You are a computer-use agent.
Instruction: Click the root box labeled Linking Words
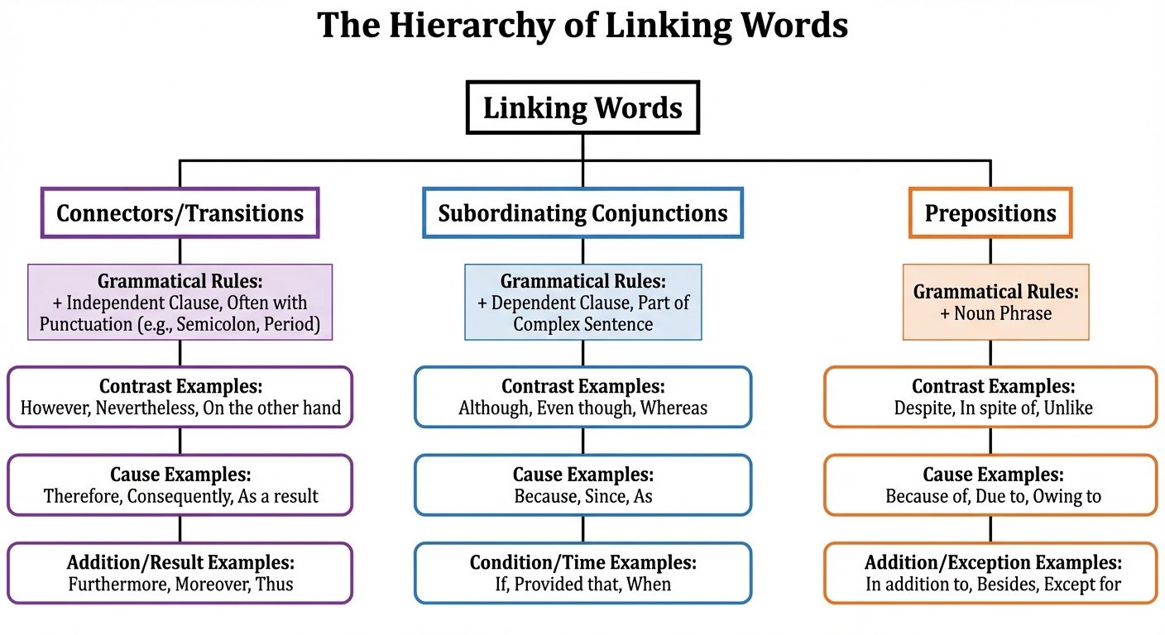(582, 108)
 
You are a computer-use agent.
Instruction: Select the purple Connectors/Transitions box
(180, 213)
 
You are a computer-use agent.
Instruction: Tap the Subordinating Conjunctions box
(582, 213)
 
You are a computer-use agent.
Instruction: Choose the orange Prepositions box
(990, 213)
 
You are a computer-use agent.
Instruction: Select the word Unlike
(1067, 408)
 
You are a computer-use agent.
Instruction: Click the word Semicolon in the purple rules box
(220, 324)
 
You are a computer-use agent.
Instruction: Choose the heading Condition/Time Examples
(582, 563)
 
